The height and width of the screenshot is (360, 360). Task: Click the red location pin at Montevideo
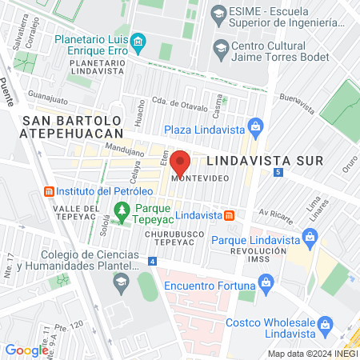click(x=181, y=162)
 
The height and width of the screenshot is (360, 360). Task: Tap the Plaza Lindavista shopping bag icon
click(x=255, y=126)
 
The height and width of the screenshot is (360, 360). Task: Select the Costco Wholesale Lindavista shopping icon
click(x=325, y=323)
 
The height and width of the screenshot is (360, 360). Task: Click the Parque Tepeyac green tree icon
click(x=122, y=211)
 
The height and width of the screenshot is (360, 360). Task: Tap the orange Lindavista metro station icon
click(x=229, y=215)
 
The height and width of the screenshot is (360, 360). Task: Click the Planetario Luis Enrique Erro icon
click(x=138, y=41)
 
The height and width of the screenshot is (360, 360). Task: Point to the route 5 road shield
click(x=278, y=172)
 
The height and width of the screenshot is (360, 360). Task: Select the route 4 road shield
click(x=152, y=261)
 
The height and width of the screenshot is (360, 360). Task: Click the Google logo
click(x=26, y=350)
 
